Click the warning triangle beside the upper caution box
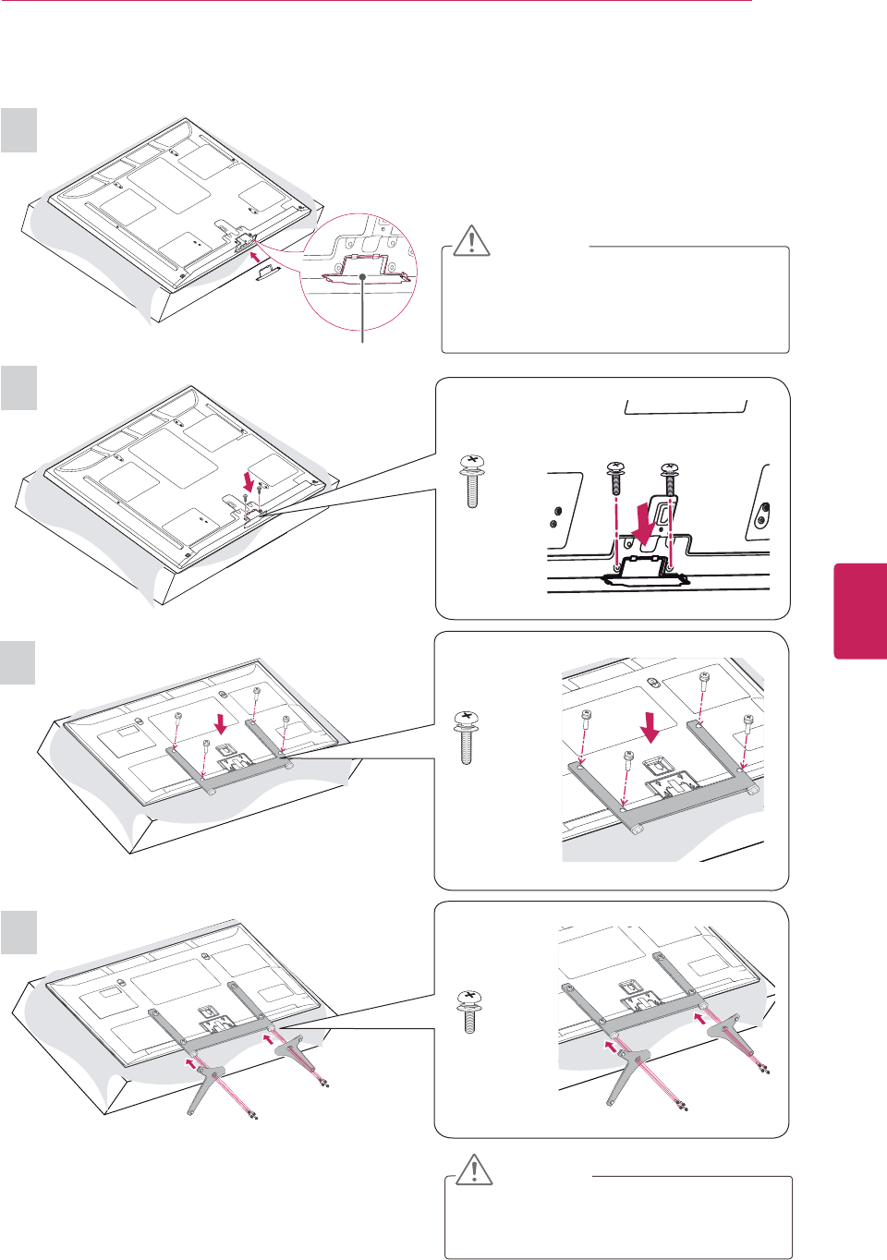pos(472,240)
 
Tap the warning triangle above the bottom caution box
pos(474,1169)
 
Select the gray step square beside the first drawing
pos(18,130)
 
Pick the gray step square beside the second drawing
pos(18,388)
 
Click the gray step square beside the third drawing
pos(18,663)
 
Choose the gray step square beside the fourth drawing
pos(18,932)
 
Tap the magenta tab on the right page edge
pos(860,611)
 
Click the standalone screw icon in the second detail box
pos(472,480)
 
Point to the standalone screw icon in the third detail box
pos(468,736)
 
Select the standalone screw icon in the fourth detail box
pos(469,1012)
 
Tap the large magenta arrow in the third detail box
pos(651,727)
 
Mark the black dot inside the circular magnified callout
pos(364,276)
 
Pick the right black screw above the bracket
pos(671,482)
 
